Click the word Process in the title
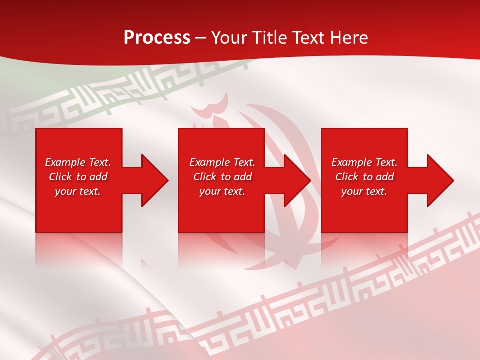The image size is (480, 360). click(157, 38)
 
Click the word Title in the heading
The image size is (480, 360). click(267, 38)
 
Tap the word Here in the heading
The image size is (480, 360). click(350, 38)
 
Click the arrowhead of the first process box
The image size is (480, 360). click(153, 180)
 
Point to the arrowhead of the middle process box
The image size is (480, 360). click(296, 180)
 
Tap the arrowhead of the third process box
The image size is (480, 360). click(439, 180)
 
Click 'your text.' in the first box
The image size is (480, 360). click(78, 191)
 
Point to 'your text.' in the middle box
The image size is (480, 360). click(222, 191)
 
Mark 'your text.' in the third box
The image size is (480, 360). click(364, 191)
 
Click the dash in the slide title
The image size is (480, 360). click(201, 38)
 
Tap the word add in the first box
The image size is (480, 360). click(98, 177)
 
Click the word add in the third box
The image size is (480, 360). click(385, 177)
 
